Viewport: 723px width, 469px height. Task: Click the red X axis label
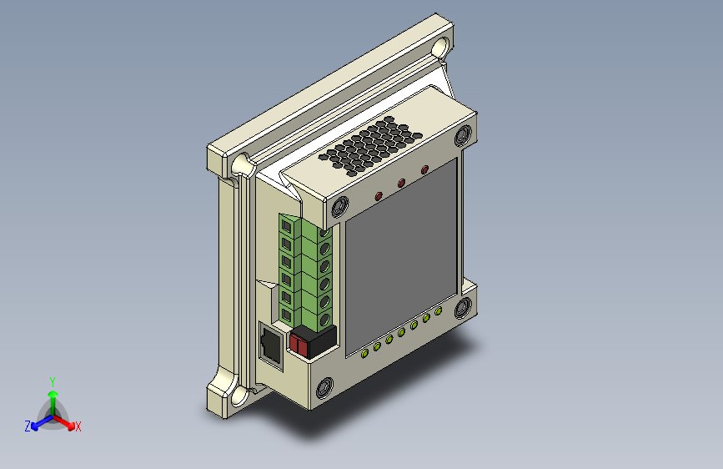point(78,426)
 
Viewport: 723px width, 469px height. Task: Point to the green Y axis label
point(53,381)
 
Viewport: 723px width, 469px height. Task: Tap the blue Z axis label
point(28,426)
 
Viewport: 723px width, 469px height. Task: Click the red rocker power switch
point(298,345)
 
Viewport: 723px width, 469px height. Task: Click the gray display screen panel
point(401,256)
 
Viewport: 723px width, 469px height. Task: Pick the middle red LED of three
point(401,184)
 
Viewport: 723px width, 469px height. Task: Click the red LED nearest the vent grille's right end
point(424,170)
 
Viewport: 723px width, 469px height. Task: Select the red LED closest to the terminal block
point(379,196)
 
